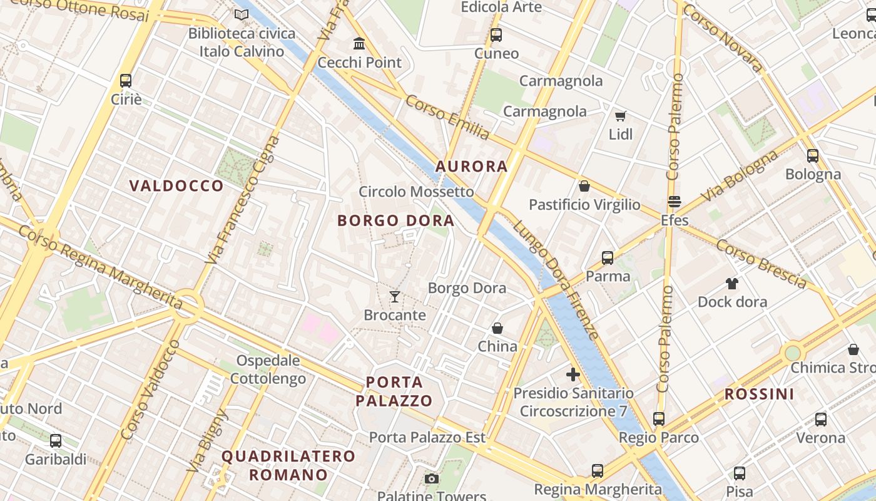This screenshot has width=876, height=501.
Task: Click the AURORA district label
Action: click(x=471, y=167)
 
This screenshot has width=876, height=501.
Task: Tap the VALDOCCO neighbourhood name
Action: click(x=176, y=186)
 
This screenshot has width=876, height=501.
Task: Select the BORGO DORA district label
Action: click(x=395, y=220)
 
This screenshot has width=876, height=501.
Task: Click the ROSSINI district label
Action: click(x=759, y=395)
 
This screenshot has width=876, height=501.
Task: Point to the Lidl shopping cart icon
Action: click(x=620, y=116)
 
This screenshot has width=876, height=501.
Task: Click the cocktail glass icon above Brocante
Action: click(x=394, y=296)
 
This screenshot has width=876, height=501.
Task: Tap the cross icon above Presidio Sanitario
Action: click(x=573, y=375)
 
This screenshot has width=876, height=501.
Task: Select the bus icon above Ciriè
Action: click(x=126, y=81)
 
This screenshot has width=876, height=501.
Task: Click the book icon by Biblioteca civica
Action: click(x=241, y=14)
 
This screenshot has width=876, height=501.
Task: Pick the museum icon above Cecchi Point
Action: click(x=359, y=44)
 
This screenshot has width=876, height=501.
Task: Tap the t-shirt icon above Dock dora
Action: click(x=731, y=284)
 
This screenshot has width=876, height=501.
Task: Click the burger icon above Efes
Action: click(x=674, y=202)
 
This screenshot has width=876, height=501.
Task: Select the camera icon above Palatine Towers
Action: click(x=431, y=479)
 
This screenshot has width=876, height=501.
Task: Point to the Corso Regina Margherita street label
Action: click(x=100, y=267)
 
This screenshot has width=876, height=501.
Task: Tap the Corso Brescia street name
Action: click(x=761, y=264)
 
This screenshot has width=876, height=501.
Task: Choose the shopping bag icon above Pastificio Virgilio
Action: click(x=584, y=186)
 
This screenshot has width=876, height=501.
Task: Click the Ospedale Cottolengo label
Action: click(x=268, y=369)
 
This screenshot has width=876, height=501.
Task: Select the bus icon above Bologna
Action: click(x=812, y=156)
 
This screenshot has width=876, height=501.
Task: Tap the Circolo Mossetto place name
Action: click(x=416, y=192)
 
